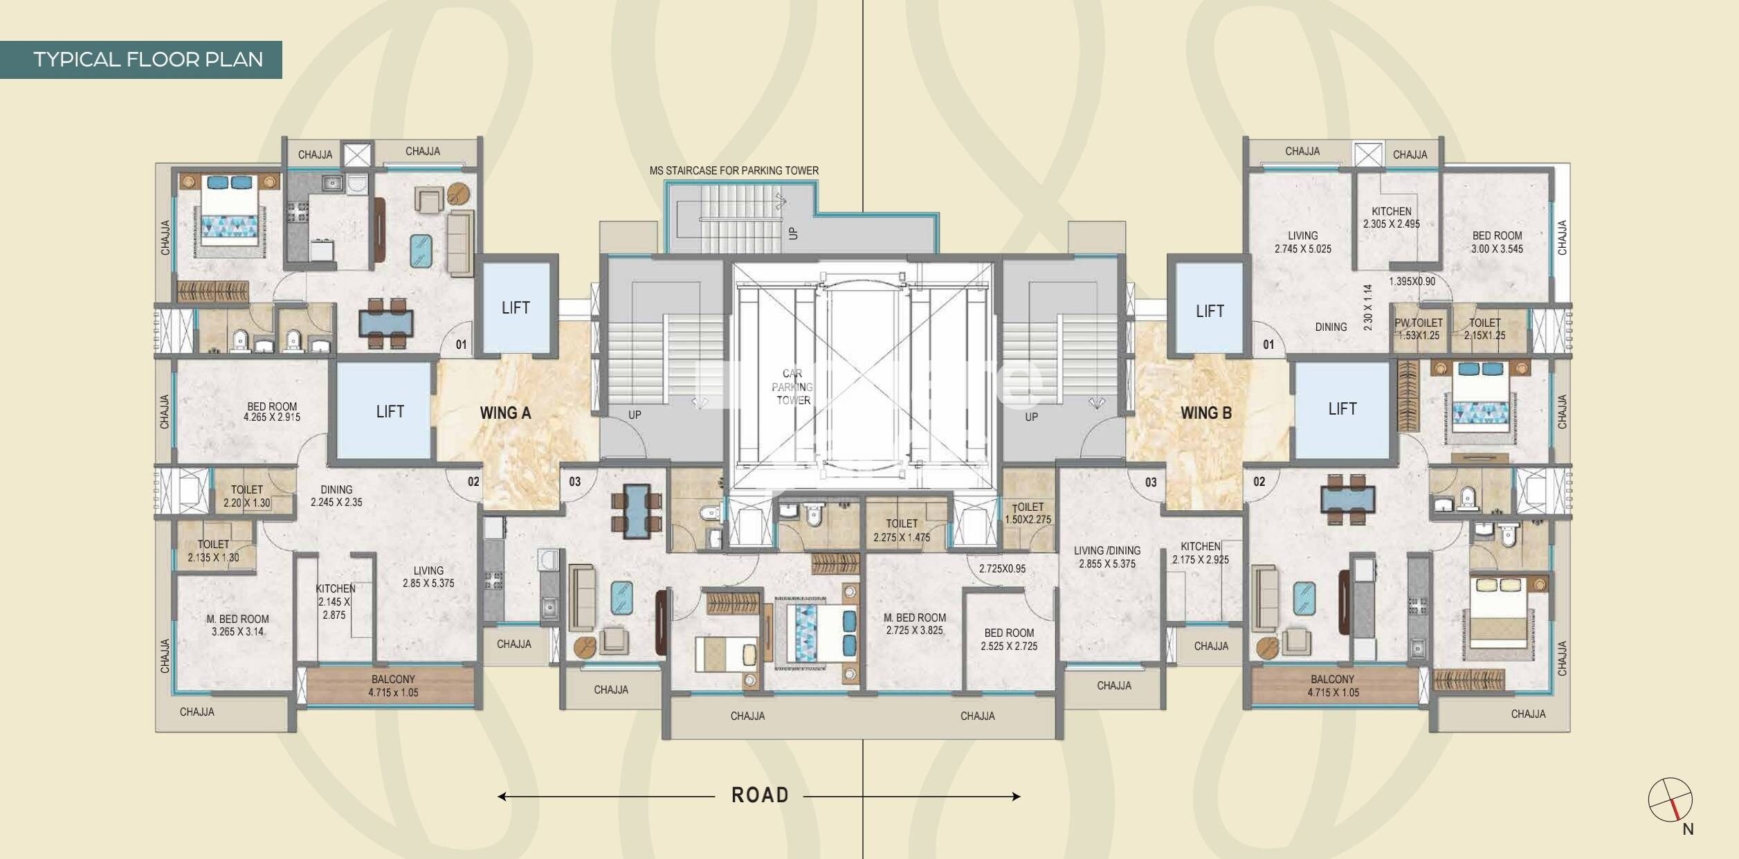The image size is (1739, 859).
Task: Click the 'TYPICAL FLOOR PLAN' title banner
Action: point(147,60)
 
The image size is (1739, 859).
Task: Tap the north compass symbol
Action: point(1670,799)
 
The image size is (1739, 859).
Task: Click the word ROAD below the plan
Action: point(760,795)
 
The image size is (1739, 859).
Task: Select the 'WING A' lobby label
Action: point(505,413)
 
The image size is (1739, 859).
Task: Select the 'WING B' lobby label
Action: point(1206,413)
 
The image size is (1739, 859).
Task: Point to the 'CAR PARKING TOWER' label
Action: point(793,387)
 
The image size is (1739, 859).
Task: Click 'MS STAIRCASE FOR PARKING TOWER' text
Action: point(734,170)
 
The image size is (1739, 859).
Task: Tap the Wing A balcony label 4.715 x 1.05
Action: point(393,686)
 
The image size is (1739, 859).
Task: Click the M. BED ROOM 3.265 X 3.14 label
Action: point(237,625)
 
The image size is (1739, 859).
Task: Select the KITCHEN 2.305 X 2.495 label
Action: point(1391,217)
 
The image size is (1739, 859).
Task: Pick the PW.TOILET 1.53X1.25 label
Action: point(1419,329)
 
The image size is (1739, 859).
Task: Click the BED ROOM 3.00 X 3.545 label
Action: point(1497,242)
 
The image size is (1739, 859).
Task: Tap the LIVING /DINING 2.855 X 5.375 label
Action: point(1107,557)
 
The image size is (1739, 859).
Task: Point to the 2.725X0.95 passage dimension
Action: point(1002,569)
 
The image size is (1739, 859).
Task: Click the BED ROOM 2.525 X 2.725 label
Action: point(1009,640)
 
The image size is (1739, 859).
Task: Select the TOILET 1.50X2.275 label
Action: point(1028,513)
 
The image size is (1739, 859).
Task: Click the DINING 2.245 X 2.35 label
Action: point(336,496)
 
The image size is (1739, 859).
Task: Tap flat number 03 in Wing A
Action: point(574,482)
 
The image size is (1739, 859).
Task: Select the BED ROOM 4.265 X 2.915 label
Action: point(271,412)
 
